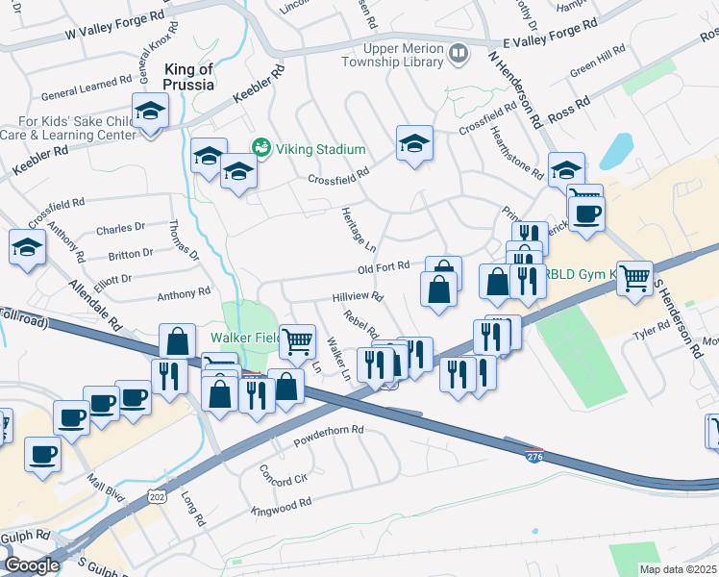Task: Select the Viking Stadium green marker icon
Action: click(x=260, y=148)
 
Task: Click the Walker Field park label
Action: click(x=245, y=339)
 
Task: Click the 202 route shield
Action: click(x=157, y=495)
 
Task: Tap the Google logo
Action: click(x=32, y=564)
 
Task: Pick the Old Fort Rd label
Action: click(x=384, y=266)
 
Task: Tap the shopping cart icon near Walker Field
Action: click(x=299, y=339)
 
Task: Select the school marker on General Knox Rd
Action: click(x=151, y=113)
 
